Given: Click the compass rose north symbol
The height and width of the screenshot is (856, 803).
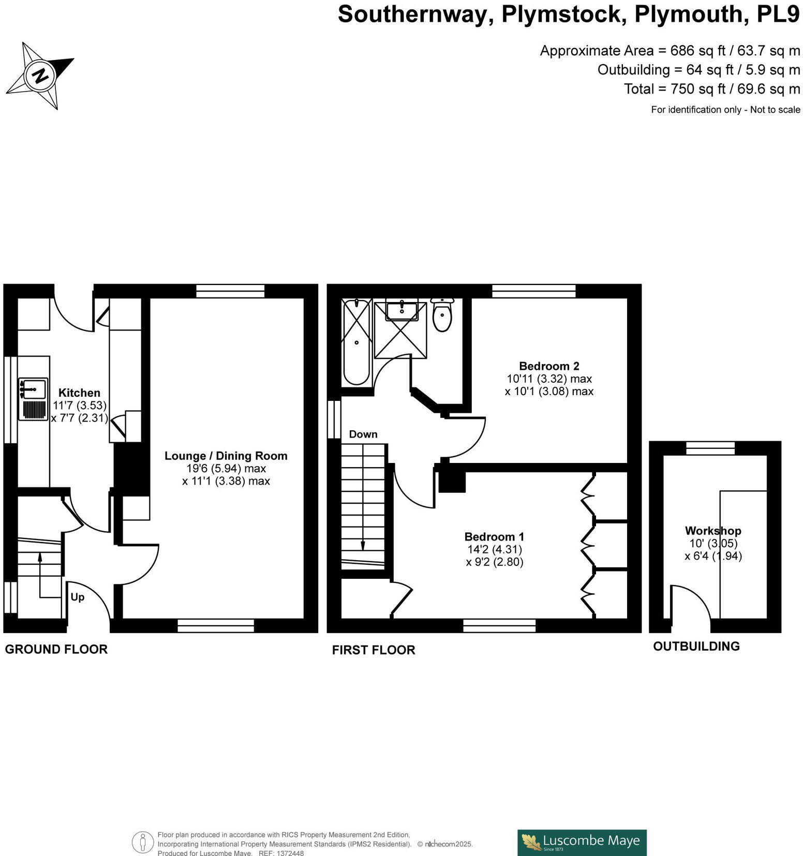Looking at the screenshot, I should point(40,76).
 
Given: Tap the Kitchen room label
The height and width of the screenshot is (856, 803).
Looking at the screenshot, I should point(79,393).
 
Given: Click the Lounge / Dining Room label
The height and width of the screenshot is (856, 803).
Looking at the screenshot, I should point(226,456).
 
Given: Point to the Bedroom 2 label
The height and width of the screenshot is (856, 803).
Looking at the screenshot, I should point(549,366).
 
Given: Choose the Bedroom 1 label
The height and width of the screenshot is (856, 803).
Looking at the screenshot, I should point(494,537).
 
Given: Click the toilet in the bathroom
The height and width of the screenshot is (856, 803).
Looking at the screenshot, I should point(442,314).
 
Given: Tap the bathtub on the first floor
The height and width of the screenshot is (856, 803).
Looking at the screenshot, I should point(356,342).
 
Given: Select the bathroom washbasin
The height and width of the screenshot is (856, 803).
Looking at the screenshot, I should point(402,310).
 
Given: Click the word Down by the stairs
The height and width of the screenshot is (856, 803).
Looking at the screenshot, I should point(363,434).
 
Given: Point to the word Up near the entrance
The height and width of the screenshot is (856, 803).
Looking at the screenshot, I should point(77,597).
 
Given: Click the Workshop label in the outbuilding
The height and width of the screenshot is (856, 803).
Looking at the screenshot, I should point(713,531).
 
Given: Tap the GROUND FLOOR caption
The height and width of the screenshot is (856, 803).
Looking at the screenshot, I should point(56,650).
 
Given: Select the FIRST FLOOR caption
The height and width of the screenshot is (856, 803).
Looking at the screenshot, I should point(374,650).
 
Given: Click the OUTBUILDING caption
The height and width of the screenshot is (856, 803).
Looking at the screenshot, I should point(696,647).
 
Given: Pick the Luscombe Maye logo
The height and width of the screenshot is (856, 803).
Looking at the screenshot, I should point(582,843).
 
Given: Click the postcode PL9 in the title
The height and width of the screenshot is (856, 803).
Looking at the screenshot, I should point(779,14).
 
